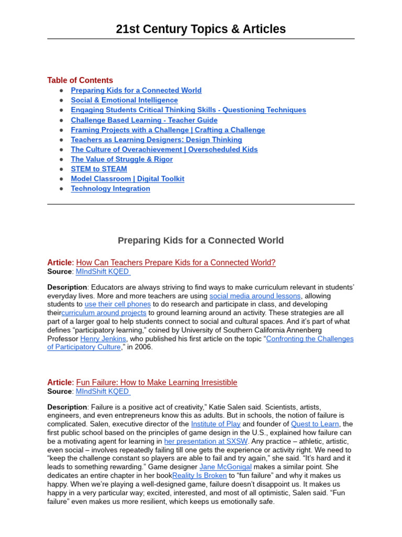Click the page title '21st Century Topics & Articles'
pos(200,29)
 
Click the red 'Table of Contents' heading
pos(80,80)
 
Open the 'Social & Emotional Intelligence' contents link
pos(124,100)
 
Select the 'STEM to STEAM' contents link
pos(99,169)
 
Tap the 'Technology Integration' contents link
pos(110,189)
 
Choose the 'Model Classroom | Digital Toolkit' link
pos(127,179)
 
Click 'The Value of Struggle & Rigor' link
pos(121,159)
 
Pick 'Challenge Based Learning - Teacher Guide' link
pos(144,120)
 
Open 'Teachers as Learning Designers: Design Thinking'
pos(157,139)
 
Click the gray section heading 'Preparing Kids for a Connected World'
pos(200,241)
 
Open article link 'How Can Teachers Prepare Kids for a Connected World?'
pos(176,263)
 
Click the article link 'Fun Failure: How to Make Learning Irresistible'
pos(157,383)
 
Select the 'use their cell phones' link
pos(118,304)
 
